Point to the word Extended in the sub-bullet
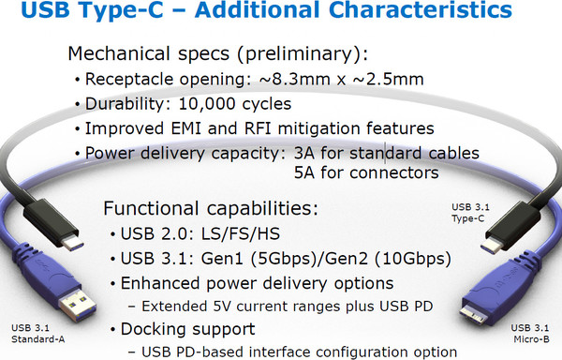pos(173,306)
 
